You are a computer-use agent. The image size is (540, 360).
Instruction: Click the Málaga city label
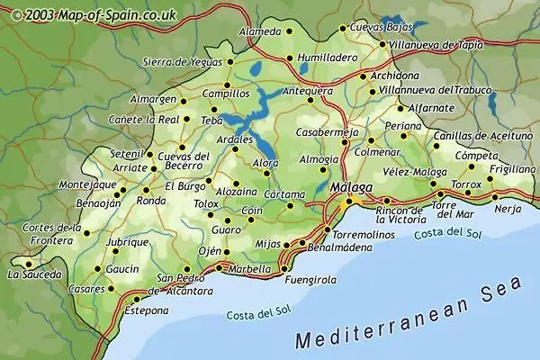click(x=351, y=187)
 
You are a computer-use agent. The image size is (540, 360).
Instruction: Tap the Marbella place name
click(x=248, y=268)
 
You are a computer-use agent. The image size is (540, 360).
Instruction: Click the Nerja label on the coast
click(x=508, y=209)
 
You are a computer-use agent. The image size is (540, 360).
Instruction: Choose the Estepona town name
click(x=147, y=310)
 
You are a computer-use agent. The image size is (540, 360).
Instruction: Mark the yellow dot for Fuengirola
click(x=282, y=268)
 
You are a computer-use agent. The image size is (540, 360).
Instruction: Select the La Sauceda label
click(x=35, y=274)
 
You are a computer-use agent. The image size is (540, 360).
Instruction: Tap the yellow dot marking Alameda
click(x=289, y=31)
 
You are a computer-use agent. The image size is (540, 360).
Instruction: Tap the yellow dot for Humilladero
click(x=289, y=59)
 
